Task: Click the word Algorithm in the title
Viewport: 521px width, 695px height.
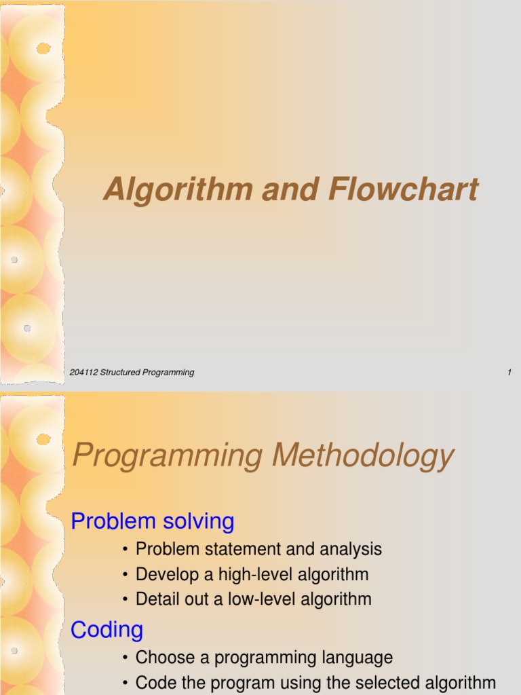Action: click(177, 190)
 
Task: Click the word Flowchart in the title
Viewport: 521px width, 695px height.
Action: click(404, 190)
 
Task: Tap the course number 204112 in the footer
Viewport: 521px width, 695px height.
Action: click(84, 372)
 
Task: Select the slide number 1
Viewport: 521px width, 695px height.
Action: click(509, 372)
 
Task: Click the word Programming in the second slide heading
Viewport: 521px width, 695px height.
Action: click(167, 456)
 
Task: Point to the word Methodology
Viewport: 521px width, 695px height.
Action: click(362, 456)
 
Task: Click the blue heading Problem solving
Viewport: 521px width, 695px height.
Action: click(153, 521)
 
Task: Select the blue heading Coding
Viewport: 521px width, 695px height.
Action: click(107, 630)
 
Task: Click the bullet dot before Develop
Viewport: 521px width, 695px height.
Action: click(126, 575)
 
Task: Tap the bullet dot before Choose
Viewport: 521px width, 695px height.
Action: click(126, 658)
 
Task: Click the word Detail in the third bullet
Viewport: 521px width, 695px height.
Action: click(155, 599)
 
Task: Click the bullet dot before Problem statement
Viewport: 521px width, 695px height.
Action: click(126, 550)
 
